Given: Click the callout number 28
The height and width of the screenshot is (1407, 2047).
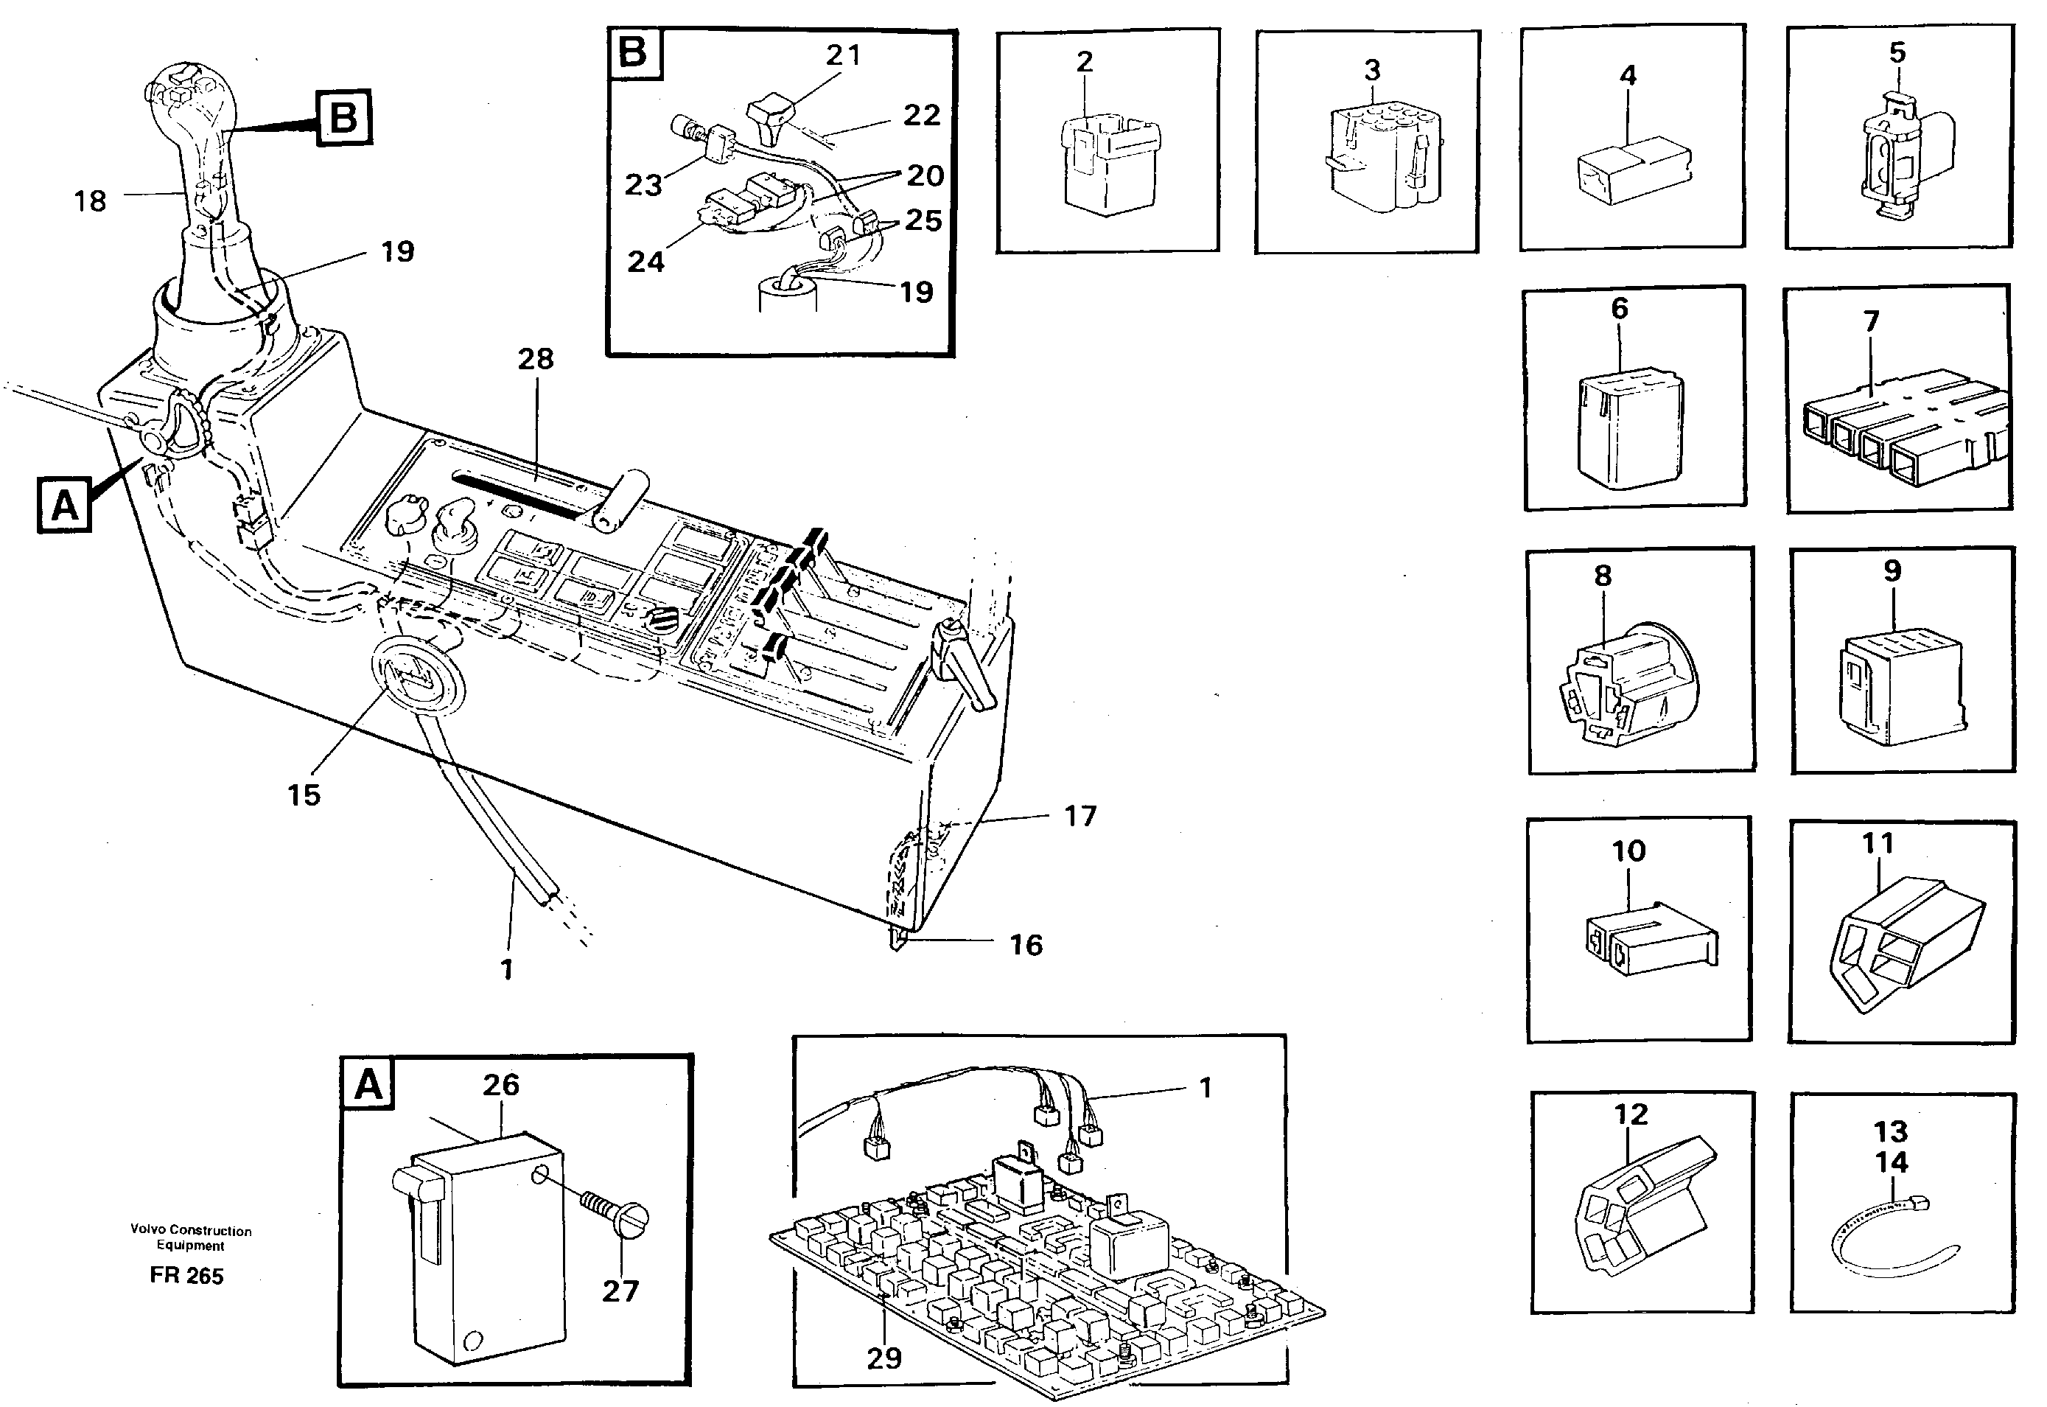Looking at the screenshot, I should pyautogui.click(x=535, y=359).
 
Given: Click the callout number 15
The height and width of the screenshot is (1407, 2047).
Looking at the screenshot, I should pyautogui.click(x=304, y=795).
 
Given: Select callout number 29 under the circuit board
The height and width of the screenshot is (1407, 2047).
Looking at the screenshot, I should pyautogui.click(x=883, y=1358).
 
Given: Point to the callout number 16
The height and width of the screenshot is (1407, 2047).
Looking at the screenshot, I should pyautogui.click(x=1026, y=945).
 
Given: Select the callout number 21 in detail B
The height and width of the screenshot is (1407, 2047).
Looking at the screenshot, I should pyautogui.click(x=842, y=55).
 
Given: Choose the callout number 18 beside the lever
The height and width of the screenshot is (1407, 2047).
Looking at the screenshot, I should pyautogui.click(x=90, y=201).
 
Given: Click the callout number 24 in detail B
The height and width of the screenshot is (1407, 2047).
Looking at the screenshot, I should pyautogui.click(x=645, y=261).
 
